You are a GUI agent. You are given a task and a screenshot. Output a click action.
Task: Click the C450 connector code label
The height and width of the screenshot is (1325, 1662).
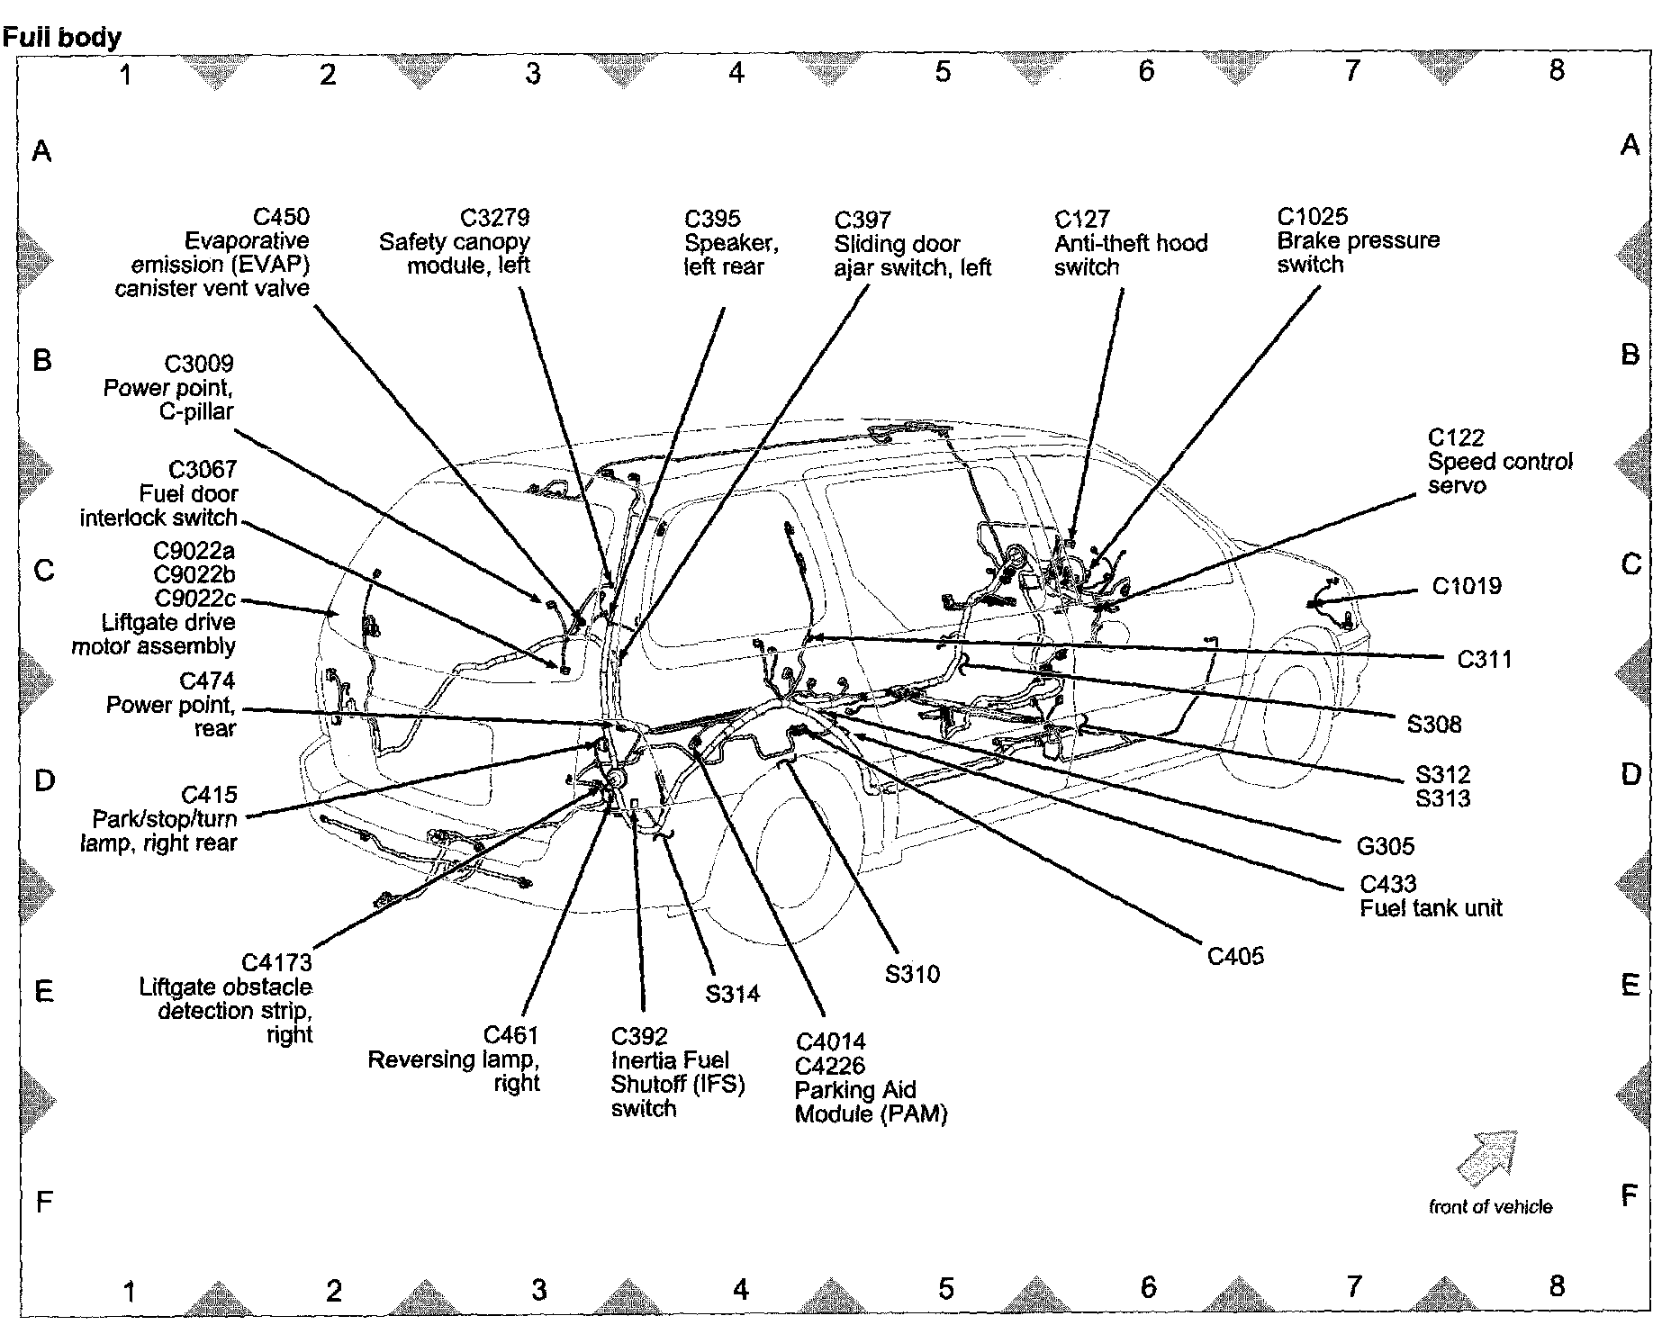pos(281,217)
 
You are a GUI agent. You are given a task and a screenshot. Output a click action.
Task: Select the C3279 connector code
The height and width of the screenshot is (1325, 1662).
pos(494,218)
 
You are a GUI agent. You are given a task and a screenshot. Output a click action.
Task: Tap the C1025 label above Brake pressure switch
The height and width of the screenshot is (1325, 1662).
pos(1312,217)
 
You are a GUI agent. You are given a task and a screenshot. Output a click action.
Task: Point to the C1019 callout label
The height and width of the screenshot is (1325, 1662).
pos(1467,586)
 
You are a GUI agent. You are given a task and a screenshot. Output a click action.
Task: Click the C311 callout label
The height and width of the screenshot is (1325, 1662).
pos(1484,660)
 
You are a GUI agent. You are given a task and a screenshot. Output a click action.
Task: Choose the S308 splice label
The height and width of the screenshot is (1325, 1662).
pos(1434,725)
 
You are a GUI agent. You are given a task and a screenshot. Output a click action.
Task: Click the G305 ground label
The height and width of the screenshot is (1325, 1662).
pos(1385,846)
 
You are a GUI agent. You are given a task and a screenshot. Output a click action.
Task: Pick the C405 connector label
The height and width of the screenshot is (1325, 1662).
pos(1235,956)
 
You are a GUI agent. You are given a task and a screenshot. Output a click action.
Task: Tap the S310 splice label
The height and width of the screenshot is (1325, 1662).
pos(912,974)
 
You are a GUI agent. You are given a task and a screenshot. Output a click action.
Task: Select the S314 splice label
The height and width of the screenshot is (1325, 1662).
pos(732,994)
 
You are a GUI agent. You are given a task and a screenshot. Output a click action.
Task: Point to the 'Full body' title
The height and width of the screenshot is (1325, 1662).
pos(61,38)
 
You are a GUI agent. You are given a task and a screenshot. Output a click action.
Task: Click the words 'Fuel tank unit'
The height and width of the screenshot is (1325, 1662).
pos(1431,907)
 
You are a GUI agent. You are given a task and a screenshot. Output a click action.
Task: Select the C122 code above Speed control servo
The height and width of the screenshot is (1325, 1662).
pos(1455,437)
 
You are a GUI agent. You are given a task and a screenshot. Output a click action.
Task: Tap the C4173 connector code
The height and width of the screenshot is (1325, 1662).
pos(276,963)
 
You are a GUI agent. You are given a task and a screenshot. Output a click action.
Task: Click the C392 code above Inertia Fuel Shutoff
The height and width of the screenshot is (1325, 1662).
pos(639,1036)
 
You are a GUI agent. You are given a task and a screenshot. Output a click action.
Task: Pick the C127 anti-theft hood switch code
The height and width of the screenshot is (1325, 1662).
pos(1081,219)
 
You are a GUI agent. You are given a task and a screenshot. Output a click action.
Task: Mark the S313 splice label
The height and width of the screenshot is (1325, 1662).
pos(1442,798)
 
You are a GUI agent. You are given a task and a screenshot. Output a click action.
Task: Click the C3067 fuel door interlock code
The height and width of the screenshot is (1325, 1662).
pos(203,470)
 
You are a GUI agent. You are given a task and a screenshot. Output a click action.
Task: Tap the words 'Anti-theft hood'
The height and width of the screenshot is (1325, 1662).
pos(1130,243)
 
